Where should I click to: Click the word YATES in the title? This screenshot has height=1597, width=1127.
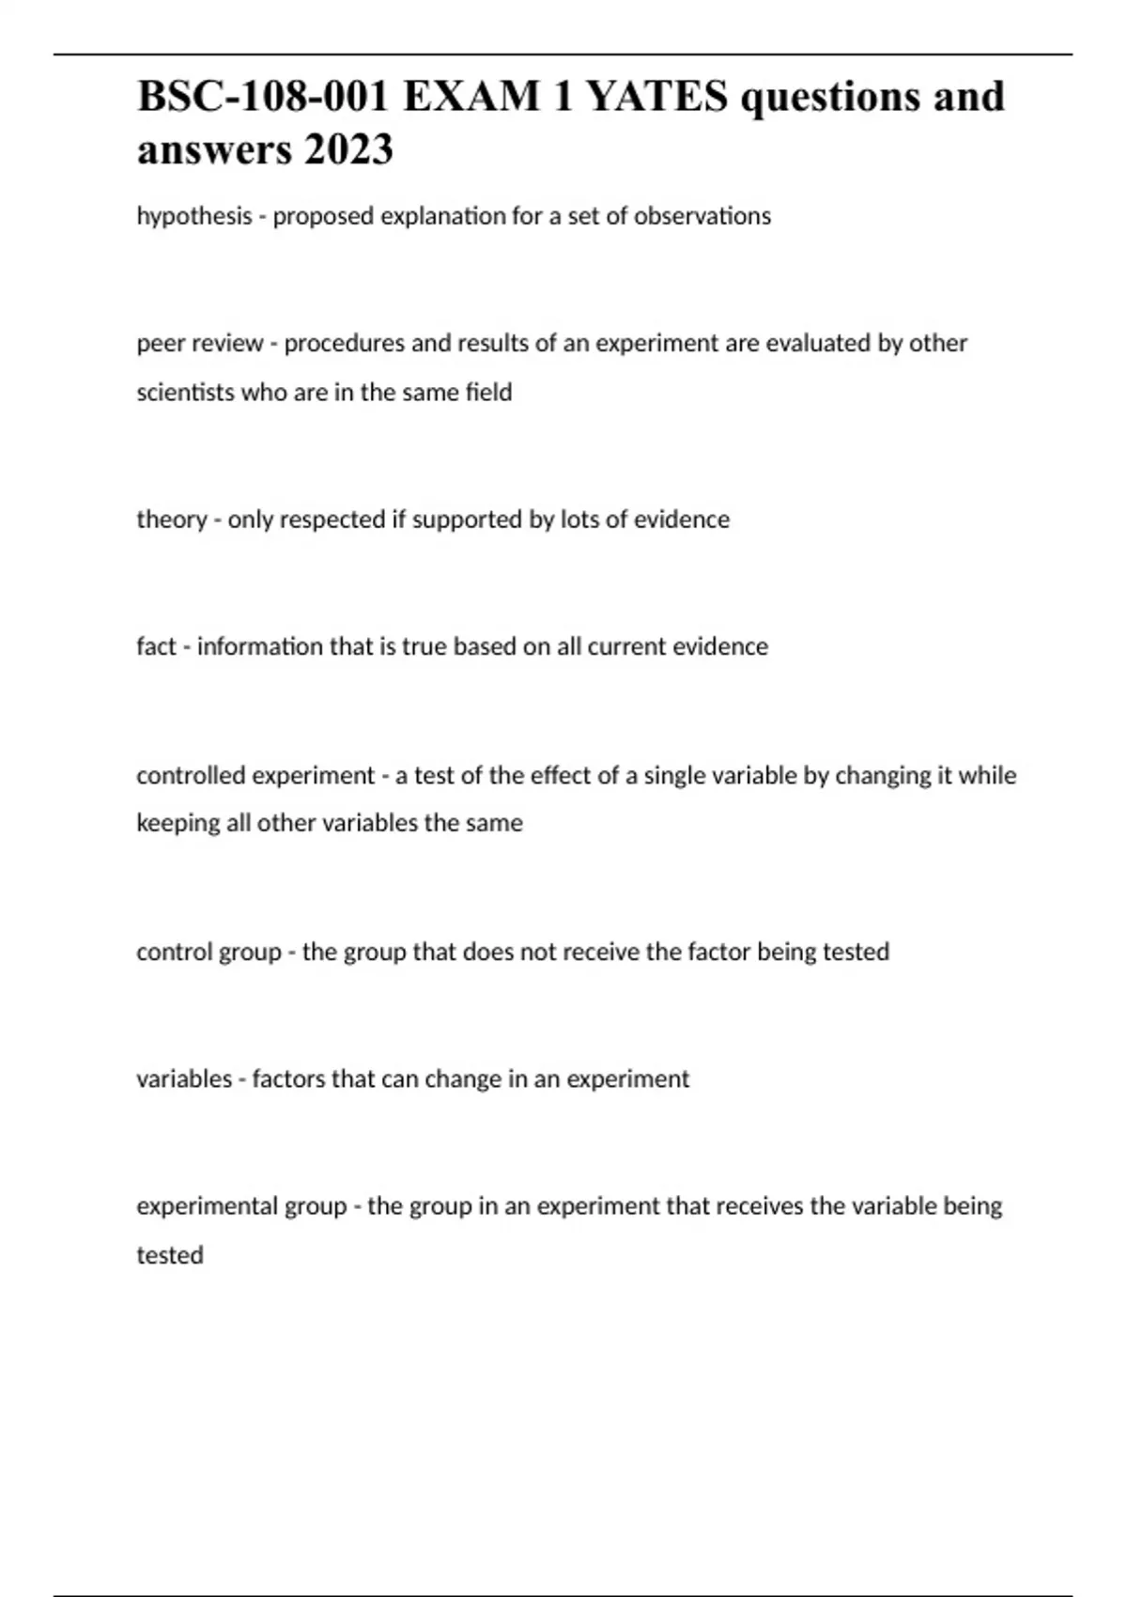point(656,97)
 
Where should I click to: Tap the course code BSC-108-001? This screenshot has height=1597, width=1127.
point(264,97)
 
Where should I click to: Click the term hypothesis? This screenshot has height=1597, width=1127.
point(194,217)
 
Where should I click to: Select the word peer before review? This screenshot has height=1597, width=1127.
point(161,344)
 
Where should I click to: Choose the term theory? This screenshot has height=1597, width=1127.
point(172,519)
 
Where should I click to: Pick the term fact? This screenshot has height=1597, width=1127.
point(156,646)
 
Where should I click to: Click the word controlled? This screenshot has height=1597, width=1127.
point(192,775)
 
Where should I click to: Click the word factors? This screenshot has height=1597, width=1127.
point(286,1078)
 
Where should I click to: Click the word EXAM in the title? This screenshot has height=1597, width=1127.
point(471,97)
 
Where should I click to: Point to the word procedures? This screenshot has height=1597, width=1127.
point(344,344)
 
